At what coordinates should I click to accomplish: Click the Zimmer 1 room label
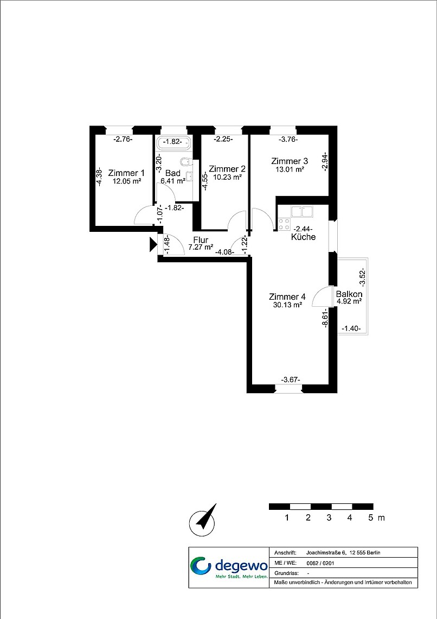click(126, 173)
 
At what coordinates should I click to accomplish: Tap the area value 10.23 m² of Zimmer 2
click(227, 177)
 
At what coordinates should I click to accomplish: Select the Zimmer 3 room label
click(290, 161)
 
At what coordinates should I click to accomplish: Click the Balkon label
click(349, 294)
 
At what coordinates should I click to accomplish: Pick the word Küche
click(304, 237)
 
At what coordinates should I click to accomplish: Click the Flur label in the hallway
click(201, 240)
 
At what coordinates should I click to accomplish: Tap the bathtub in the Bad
click(173, 143)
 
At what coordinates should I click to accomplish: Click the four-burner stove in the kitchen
click(284, 224)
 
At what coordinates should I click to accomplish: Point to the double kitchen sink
click(302, 211)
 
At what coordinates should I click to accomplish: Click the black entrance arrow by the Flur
click(153, 244)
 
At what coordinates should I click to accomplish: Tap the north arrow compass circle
click(202, 523)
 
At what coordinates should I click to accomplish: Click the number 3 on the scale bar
click(329, 517)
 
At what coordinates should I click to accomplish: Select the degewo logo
click(229, 567)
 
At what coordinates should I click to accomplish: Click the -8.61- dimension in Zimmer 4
click(325, 318)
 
